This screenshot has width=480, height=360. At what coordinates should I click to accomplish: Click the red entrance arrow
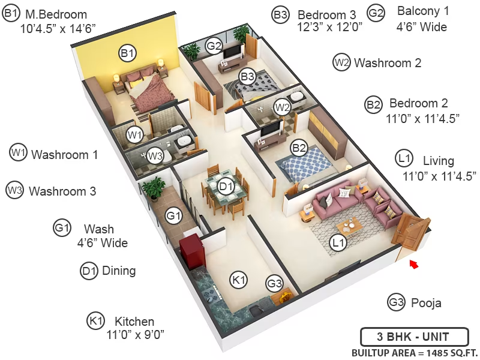(414, 264)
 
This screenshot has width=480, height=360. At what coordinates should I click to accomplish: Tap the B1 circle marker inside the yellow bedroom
(127, 53)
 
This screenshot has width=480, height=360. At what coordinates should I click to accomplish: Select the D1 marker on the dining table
(226, 186)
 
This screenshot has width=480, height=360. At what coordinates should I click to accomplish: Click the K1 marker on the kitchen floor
(238, 280)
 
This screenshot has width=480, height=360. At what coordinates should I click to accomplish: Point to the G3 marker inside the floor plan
(274, 283)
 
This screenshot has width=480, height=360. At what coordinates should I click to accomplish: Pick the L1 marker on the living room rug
(338, 243)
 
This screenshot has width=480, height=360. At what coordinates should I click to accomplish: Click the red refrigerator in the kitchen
(192, 250)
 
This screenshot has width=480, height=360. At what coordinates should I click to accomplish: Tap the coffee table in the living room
(349, 227)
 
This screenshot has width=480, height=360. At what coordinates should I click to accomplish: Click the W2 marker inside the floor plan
(282, 107)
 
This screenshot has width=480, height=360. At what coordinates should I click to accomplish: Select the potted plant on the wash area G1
(154, 188)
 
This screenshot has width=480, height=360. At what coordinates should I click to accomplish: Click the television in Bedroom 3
(232, 51)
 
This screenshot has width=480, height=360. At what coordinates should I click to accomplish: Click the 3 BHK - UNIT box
(415, 337)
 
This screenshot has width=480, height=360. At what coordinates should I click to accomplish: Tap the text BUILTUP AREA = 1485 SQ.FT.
(415, 353)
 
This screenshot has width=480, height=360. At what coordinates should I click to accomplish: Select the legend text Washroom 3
(62, 191)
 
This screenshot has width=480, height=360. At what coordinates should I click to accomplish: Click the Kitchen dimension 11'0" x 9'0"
(136, 335)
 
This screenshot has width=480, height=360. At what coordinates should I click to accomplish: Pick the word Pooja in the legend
(426, 303)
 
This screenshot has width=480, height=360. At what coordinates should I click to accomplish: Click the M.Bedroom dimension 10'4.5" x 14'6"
(58, 29)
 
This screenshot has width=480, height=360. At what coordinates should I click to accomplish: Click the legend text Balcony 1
(423, 11)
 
